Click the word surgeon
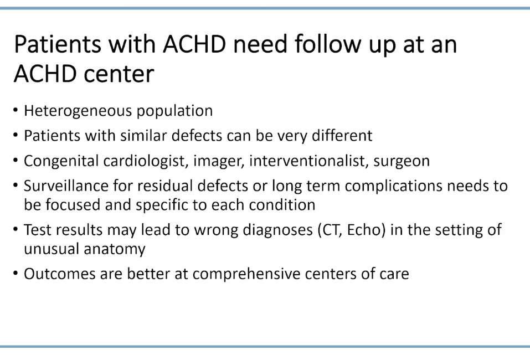pos(402,161)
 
